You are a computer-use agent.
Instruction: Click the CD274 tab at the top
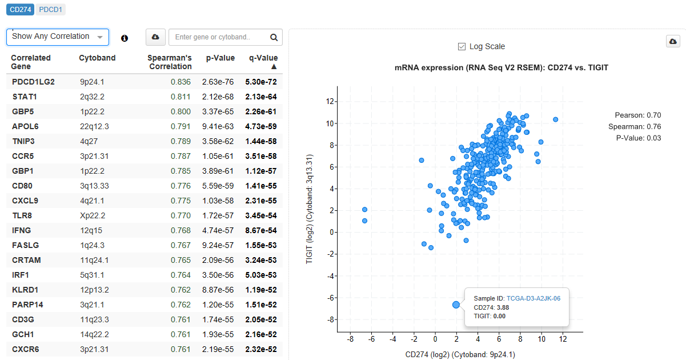21,9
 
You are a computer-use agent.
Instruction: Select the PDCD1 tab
51,9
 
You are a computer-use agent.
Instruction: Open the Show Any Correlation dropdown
57,37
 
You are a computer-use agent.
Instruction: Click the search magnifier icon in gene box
274,37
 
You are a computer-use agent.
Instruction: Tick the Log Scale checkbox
462,46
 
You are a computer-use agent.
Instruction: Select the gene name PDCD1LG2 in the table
33,82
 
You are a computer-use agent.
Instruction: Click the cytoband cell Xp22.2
93,215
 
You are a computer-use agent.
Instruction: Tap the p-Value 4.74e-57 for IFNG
218,230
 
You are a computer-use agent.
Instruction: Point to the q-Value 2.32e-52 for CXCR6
261,349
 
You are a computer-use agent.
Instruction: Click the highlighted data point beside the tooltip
456,305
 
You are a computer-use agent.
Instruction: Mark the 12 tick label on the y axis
329,102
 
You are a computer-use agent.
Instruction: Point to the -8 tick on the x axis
350,339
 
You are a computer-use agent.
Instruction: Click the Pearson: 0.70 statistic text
637,115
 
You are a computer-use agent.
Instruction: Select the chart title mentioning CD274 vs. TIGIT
501,67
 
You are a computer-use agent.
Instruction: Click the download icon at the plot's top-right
673,42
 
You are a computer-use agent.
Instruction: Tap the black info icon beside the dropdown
125,38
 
